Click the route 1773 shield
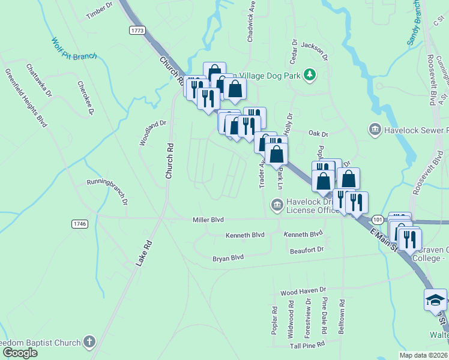(137, 29)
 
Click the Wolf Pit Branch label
(74, 49)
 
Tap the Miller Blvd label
(208, 220)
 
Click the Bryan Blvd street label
(228, 258)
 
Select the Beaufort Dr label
(307, 250)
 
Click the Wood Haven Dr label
(303, 292)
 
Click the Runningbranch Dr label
(107, 189)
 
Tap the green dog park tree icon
(310, 74)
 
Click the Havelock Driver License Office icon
(277, 205)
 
